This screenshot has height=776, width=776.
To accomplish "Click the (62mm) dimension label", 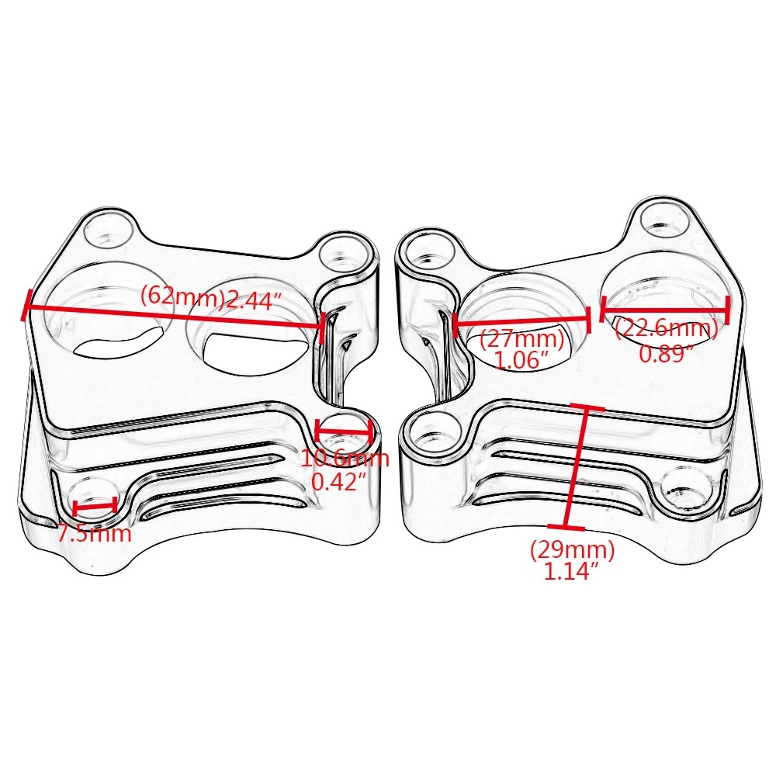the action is tap(182, 296).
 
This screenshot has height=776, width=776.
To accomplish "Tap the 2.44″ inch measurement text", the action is tap(254, 300).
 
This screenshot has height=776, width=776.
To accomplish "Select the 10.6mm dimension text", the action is tap(345, 458).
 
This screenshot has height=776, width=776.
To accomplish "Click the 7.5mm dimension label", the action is tap(94, 534).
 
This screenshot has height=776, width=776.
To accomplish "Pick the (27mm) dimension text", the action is tap(522, 339).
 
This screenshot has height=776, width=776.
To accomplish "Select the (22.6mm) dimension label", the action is tap(666, 328).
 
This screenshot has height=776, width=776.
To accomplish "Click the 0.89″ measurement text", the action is tap(666, 353).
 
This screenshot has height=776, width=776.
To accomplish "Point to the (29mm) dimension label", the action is tap(573, 550).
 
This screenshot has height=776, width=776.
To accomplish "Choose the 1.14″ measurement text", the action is tap(571, 572).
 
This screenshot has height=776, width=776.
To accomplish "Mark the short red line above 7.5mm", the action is tap(95, 506).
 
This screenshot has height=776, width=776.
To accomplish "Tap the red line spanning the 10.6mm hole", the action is tap(344, 431).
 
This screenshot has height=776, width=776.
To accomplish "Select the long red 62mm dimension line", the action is tap(174, 316).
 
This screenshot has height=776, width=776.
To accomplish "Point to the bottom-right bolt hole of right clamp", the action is tap(687, 490).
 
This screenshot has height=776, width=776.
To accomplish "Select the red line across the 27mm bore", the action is tap(522, 321).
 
